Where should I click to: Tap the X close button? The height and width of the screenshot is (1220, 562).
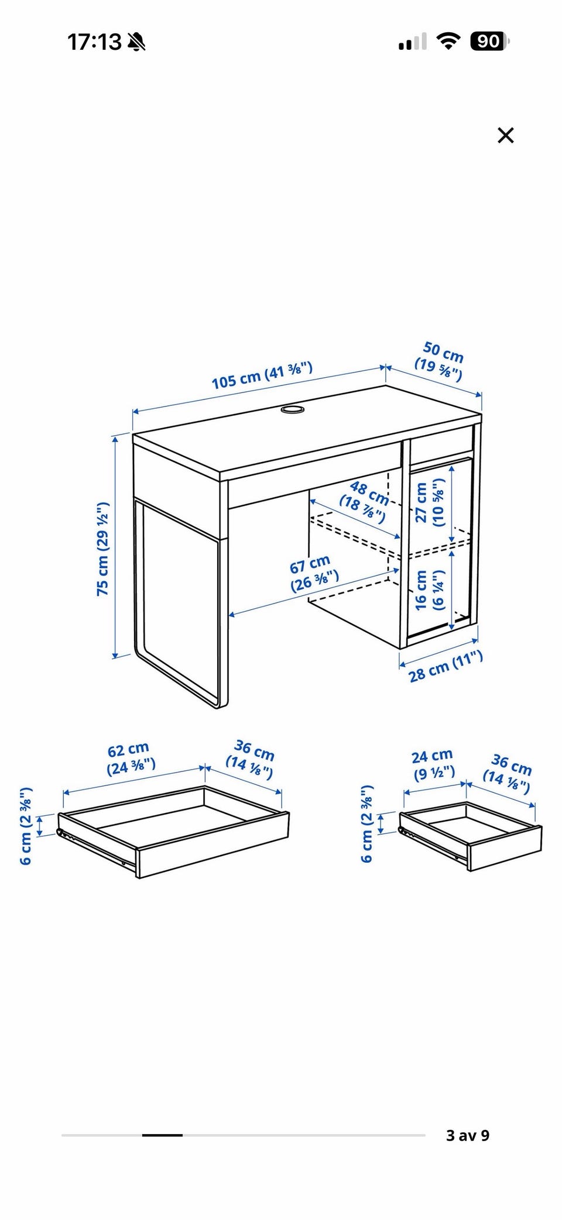click(x=505, y=135)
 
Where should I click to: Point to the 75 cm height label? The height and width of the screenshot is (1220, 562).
click(x=103, y=549)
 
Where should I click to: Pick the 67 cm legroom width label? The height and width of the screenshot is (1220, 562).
click(x=313, y=574)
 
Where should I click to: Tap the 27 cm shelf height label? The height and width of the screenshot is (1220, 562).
click(x=430, y=502)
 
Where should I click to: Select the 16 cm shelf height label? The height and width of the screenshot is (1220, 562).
click(x=430, y=590)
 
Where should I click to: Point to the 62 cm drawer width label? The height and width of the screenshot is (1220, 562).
click(x=130, y=758)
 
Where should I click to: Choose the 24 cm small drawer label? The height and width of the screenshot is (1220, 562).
click(x=434, y=765)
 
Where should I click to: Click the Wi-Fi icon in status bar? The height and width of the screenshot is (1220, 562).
click(x=448, y=41)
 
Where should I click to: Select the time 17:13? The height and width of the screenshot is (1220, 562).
click(x=94, y=42)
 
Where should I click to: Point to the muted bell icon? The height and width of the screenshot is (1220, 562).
click(x=136, y=42)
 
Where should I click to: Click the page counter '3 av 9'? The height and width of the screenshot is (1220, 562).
click(x=468, y=1135)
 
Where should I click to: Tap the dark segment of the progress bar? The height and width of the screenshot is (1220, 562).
click(x=162, y=1135)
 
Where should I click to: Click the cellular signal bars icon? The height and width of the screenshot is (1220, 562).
click(x=412, y=42)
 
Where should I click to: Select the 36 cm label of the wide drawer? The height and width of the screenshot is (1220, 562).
click(x=251, y=759)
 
